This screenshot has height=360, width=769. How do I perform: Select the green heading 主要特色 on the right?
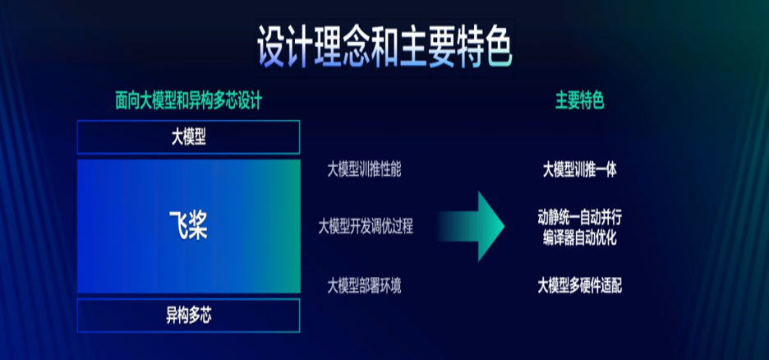(580, 101)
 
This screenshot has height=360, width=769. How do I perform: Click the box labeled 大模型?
(188, 137)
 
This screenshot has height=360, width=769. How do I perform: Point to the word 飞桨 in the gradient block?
(188, 224)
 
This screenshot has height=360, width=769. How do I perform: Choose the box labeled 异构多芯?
(188, 314)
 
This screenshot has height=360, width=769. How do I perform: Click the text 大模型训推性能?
(364, 170)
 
